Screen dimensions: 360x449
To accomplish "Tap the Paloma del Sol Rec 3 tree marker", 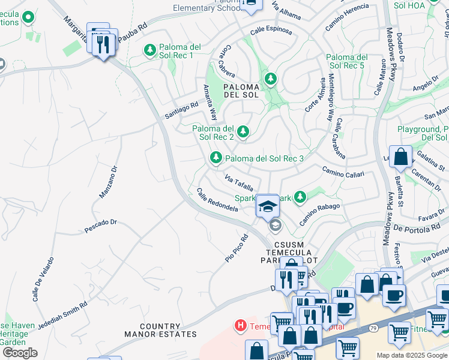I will [215, 158].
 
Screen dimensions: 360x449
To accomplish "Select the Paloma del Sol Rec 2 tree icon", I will [243, 131].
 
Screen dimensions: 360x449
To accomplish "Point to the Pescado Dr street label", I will [100, 226].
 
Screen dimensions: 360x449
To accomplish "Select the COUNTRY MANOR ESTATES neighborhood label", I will [160, 329].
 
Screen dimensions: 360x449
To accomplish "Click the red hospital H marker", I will [240, 326].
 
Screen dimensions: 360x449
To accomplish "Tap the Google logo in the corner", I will [20, 352].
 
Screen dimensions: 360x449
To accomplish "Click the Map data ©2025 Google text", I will [412, 355].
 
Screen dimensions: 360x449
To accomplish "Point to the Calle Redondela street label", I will [217, 200].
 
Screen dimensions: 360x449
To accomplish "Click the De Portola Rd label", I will [417, 228].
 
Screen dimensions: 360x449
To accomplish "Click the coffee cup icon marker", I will [394, 295].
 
